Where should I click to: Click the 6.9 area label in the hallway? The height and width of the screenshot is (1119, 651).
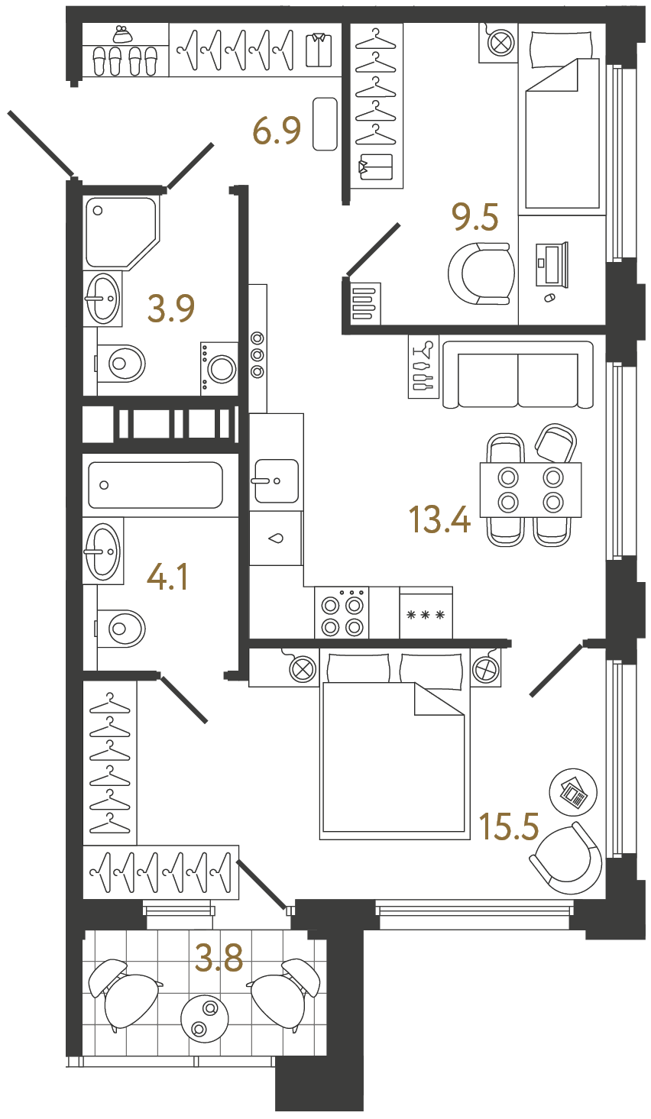pyautogui.click(x=277, y=131)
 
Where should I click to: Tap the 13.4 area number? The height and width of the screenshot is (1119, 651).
pyautogui.click(x=439, y=521)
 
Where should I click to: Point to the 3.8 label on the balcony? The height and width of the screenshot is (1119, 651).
pyautogui.click(x=219, y=958)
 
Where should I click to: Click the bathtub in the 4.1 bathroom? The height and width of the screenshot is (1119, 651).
pyautogui.click(x=155, y=485)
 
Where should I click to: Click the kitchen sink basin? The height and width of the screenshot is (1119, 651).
pyautogui.click(x=276, y=481)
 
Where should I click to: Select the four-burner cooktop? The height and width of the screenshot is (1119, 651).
pyautogui.click(x=342, y=613)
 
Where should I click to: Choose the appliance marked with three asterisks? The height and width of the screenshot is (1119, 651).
pyautogui.click(x=426, y=613)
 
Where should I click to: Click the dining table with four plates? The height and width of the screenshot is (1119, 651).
pyautogui.click(x=530, y=490)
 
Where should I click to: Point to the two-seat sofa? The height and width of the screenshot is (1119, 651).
pyautogui.click(x=517, y=375)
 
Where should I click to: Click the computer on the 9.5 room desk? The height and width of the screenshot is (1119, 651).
pyautogui.click(x=552, y=264)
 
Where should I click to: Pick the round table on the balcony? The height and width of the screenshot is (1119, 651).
pyautogui.click(x=205, y=1017)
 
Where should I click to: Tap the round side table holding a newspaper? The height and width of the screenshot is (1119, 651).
pyautogui.click(x=573, y=791)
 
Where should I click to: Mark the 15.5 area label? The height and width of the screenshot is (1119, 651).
pyautogui.click(x=509, y=826)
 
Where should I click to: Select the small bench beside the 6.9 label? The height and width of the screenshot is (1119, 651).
pyautogui.click(x=325, y=124)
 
